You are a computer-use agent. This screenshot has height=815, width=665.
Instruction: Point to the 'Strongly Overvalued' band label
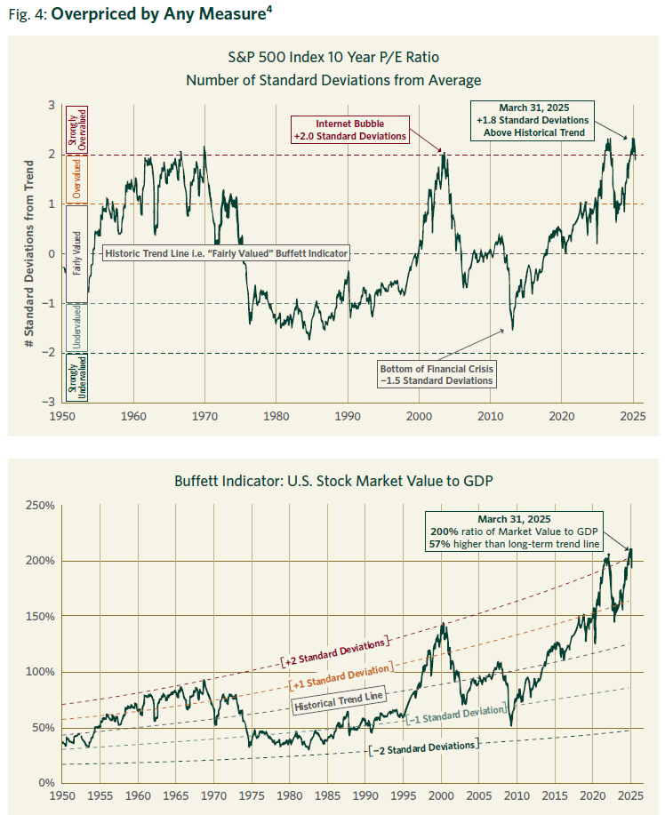point(76,129)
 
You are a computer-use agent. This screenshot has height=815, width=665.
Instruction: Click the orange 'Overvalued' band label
point(76,179)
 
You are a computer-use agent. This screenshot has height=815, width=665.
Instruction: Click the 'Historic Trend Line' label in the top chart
point(227,253)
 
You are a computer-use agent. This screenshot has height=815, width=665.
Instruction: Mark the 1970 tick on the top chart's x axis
point(204,415)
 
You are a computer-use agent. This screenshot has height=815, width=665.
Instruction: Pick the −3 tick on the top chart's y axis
point(51,403)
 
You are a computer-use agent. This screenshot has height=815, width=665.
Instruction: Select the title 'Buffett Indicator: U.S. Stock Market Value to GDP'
point(333,481)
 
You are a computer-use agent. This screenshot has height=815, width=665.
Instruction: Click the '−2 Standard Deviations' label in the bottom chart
point(423,747)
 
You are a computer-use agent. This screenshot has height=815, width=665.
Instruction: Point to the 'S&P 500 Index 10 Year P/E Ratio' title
point(333,60)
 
